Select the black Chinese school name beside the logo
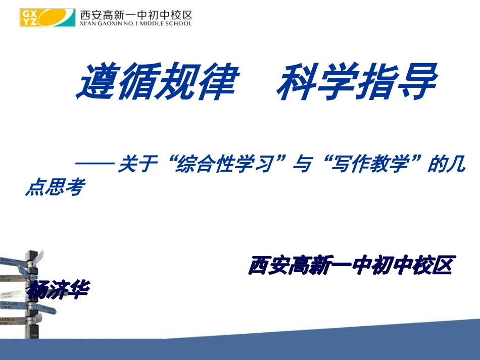[x=136, y=14]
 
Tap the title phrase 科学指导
[x=356, y=81]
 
